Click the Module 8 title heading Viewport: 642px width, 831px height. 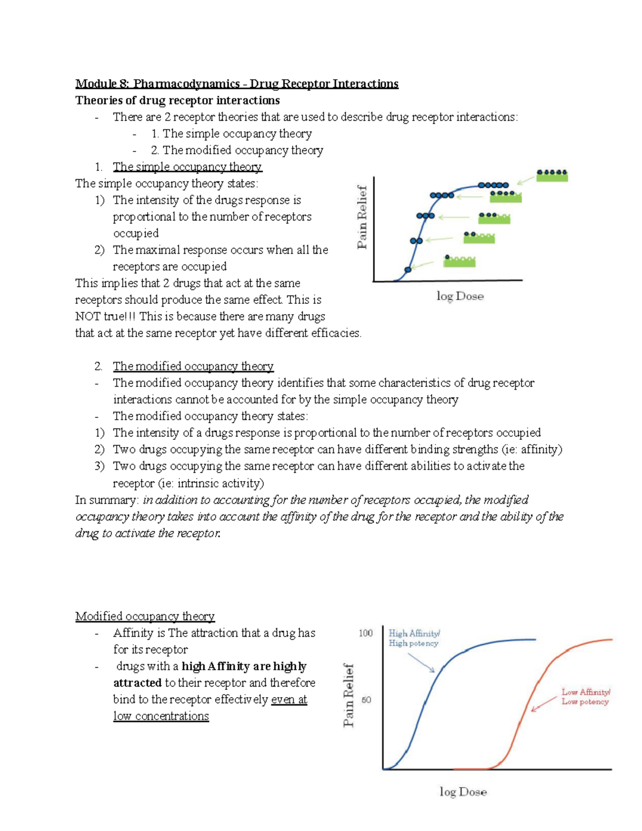(236, 83)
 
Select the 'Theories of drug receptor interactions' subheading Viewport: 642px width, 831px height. (177, 101)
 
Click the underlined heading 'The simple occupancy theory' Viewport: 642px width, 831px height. (187, 167)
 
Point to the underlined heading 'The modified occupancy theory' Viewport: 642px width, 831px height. (193, 367)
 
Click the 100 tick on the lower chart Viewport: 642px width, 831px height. (365, 634)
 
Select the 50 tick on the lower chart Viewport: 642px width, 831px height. (366, 700)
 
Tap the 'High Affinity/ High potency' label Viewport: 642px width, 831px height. (414, 638)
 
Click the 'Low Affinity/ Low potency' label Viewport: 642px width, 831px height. (585, 697)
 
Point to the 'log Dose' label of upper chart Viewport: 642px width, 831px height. (460, 296)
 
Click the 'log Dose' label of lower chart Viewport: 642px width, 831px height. (463, 792)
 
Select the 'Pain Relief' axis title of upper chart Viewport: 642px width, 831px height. (362, 217)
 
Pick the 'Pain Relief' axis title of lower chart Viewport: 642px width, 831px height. (349, 695)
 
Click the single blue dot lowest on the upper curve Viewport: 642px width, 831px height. (408, 270)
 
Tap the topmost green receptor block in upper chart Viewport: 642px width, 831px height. (552, 176)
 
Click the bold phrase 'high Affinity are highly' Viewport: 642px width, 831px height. (244, 667)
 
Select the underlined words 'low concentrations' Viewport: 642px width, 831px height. (161, 716)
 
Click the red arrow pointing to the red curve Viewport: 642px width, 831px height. (544, 704)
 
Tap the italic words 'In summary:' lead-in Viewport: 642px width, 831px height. (106, 500)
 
